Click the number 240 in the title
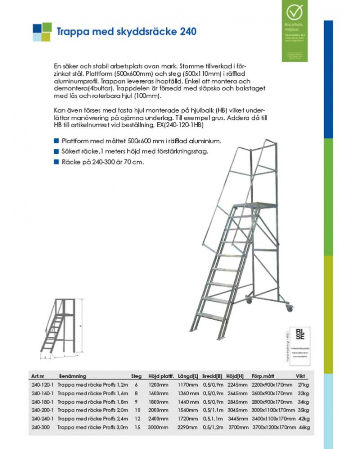pos(187,31)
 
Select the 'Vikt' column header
pos(301,376)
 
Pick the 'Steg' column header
pos(136,376)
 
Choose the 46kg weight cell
pos(304,428)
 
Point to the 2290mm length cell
pos(188,428)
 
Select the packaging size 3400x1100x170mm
pos(273,419)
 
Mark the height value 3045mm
pos(237,411)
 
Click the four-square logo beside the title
pos(42,32)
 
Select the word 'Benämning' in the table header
pos(72,376)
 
